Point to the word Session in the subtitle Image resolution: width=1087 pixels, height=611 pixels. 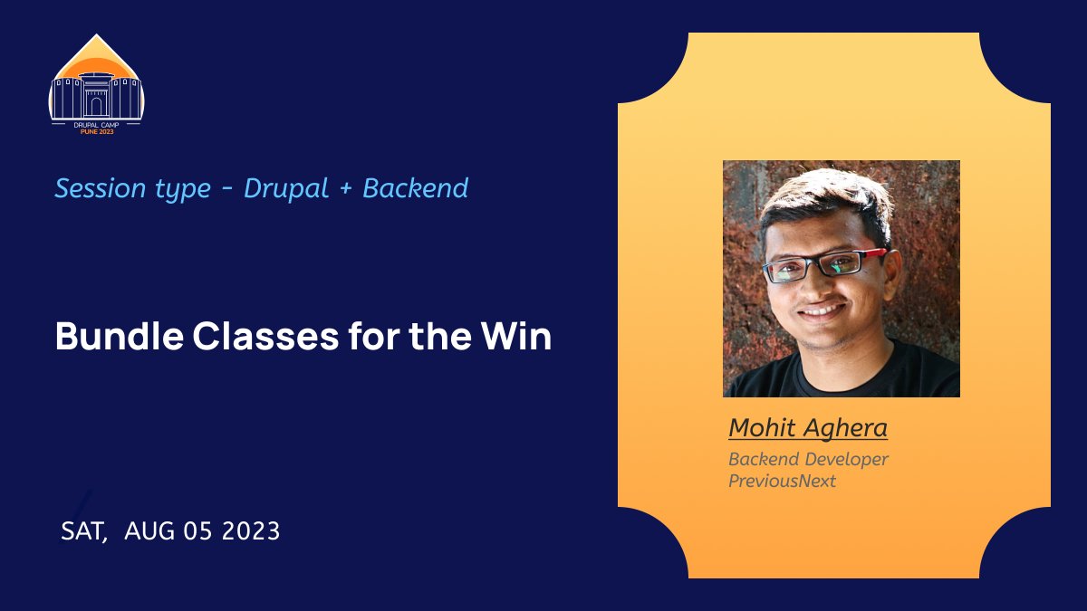[100, 188]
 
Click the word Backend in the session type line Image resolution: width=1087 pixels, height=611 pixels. [415, 188]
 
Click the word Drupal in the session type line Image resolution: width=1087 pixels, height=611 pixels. [285, 189]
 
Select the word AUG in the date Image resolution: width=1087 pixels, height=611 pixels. [149, 531]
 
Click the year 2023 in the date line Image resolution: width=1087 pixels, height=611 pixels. [249, 531]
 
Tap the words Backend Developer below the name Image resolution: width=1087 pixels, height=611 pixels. [808, 459]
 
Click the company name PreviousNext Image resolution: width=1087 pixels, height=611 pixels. [782, 481]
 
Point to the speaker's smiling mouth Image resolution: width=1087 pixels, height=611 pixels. [822, 310]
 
